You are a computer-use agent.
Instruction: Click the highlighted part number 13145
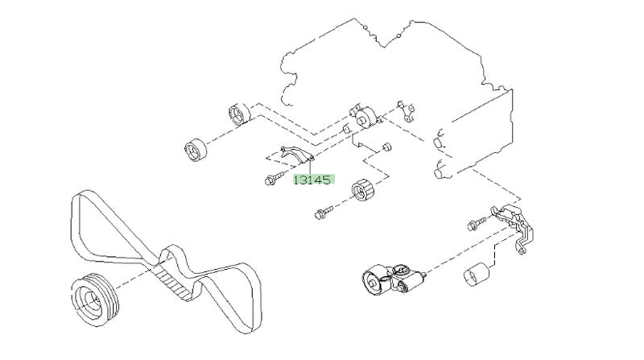pos(313,180)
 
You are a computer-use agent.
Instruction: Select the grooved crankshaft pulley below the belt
pos(94,299)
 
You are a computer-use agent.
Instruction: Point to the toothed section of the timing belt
pos(174,282)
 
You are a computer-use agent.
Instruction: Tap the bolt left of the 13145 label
pos(275,179)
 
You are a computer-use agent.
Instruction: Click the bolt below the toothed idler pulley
pos(324,213)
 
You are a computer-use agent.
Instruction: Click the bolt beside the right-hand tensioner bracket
pos(477,224)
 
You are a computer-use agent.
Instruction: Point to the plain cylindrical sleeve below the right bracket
pos(477,273)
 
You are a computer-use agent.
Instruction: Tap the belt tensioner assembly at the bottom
pos(392,279)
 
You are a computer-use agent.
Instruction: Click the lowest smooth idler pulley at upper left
pos(195,150)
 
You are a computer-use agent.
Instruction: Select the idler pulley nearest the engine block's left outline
pos(239,113)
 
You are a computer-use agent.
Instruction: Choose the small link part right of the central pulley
pos(407,111)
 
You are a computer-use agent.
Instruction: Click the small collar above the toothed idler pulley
pos(386,147)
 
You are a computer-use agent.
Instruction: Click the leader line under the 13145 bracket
pos(310,167)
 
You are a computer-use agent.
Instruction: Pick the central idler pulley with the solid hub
pos(364,118)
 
